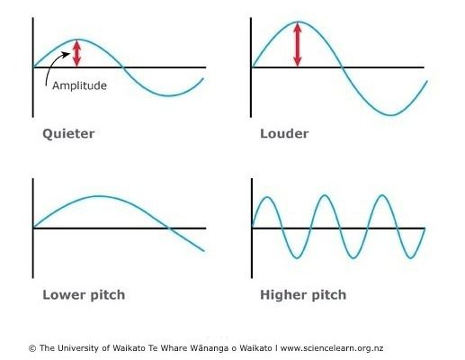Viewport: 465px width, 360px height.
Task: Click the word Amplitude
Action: (79, 85)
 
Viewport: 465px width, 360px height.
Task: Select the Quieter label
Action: (68, 134)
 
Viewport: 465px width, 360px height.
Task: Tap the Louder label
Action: (284, 134)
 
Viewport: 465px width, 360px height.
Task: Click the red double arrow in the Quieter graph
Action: (77, 53)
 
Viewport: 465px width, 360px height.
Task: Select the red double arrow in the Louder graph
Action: (298, 44)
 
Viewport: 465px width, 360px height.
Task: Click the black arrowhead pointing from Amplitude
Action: (67, 54)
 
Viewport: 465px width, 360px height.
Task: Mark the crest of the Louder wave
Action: (298, 22)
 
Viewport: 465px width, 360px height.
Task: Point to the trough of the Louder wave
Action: (391, 114)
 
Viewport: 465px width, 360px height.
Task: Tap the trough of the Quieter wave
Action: (168, 95)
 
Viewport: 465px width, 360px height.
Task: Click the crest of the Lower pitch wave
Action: (99, 196)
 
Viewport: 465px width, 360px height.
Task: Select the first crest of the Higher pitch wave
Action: (267, 197)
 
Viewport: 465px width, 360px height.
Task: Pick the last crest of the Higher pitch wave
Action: (382, 195)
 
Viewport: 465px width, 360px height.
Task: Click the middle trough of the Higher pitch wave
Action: (353, 257)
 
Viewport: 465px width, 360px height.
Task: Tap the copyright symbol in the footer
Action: (32, 348)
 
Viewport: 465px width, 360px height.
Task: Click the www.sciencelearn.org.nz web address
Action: (332, 348)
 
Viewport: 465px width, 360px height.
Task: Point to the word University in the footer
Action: (78, 348)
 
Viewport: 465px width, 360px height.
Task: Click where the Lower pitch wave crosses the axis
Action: (168, 229)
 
